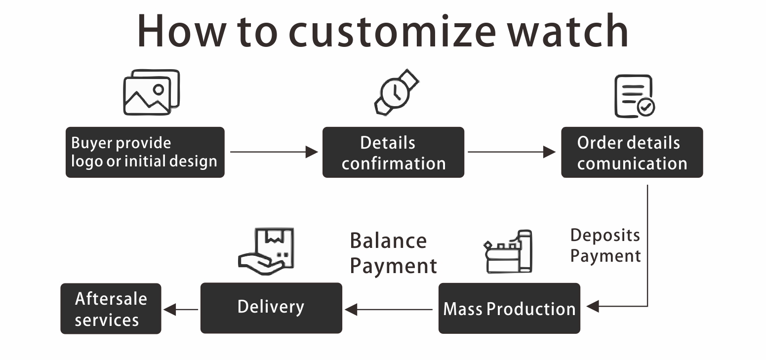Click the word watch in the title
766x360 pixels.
(568, 32)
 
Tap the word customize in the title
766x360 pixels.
(392, 32)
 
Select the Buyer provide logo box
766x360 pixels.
(145, 152)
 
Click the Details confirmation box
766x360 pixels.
(393, 152)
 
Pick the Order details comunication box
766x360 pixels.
(632, 152)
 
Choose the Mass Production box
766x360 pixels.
(509, 308)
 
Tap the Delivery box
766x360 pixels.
(271, 308)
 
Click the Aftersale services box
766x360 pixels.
(111, 308)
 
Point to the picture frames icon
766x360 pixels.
(151, 92)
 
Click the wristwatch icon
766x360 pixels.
(396, 92)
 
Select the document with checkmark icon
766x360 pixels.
(634, 96)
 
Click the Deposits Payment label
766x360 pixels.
(605, 245)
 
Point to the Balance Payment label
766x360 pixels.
(393, 253)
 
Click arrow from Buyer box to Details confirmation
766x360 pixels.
(274, 152)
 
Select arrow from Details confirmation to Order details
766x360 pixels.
(512, 152)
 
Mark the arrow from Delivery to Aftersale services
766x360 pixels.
(180, 310)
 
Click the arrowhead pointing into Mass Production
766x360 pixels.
(592, 306)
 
